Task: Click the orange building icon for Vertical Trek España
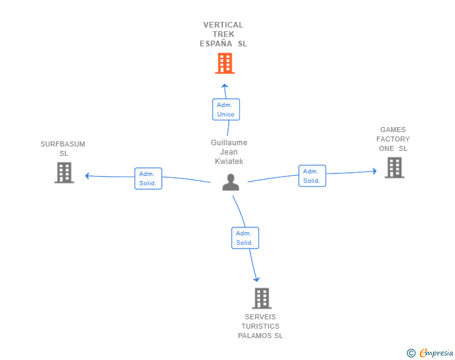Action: (x=225, y=63)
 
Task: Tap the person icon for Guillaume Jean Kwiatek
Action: (x=231, y=182)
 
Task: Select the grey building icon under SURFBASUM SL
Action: (x=64, y=173)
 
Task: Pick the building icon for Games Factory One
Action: (x=394, y=168)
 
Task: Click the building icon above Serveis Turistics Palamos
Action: (x=262, y=298)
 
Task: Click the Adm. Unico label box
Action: (x=226, y=110)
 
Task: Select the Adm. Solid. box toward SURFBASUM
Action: (x=148, y=178)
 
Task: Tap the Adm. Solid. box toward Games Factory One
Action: (x=312, y=176)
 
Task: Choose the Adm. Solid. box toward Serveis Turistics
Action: (x=245, y=238)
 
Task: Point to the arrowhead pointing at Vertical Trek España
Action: (x=224, y=86)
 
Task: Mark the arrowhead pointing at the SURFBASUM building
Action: (x=87, y=176)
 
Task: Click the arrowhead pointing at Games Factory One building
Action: (x=374, y=171)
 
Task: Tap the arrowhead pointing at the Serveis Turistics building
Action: (x=256, y=279)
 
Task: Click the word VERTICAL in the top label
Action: (x=223, y=25)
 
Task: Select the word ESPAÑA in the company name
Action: (x=216, y=44)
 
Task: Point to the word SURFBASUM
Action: (x=62, y=144)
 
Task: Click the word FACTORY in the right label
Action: (x=393, y=139)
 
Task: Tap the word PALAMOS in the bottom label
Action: (x=255, y=336)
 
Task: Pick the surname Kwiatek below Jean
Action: (x=229, y=162)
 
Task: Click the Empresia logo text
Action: (x=436, y=352)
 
